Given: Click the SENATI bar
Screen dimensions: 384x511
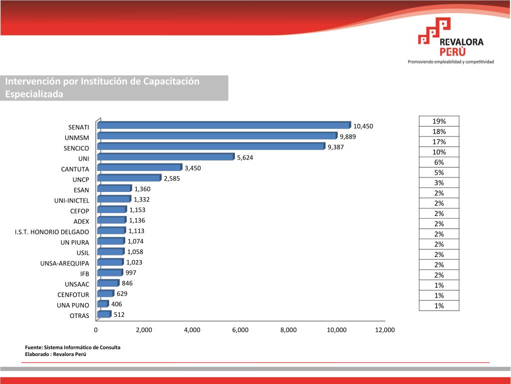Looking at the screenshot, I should [x=225, y=125].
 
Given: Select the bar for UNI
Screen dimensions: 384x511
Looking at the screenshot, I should [x=166, y=157].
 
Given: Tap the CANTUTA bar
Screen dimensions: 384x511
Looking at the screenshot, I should [x=140, y=167].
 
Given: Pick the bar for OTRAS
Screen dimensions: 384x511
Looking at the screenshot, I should [x=104, y=314].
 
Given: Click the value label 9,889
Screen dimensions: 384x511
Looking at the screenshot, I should [x=348, y=136].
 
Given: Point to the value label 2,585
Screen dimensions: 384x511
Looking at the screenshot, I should [x=172, y=178].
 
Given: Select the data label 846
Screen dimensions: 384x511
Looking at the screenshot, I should [x=127, y=283].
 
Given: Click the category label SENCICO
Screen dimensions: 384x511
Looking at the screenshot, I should [x=76, y=148].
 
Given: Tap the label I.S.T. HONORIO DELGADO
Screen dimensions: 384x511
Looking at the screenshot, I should [x=52, y=232].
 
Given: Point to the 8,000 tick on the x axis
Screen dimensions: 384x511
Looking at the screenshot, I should [x=288, y=330].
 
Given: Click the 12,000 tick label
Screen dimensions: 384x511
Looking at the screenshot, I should [x=385, y=330].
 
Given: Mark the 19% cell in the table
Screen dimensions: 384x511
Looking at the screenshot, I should [x=439, y=121].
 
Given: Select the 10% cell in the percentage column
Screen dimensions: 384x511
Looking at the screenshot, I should [x=439, y=152].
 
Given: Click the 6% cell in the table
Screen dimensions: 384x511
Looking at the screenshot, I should [x=439, y=162].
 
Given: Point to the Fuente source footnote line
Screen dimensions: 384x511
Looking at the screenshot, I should [x=72, y=347].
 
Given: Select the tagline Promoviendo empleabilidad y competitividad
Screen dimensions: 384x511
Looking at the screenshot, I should [x=451, y=62].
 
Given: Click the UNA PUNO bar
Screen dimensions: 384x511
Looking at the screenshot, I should [x=103, y=303].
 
